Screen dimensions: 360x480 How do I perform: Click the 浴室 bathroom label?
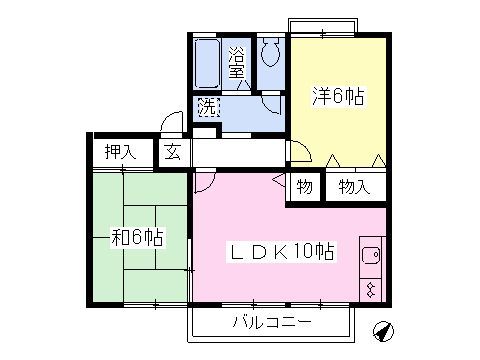[x=238, y=63]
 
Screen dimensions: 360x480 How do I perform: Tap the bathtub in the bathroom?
[x=208, y=65]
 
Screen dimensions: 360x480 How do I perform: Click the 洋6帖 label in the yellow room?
[x=337, y=96]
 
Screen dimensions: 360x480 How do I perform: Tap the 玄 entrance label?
[x=171, y=153]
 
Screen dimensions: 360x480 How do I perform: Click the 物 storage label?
[x=304, y=186]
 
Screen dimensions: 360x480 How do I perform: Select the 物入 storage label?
[x=353, y=186]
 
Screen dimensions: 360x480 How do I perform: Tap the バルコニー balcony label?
[x=272, y=322]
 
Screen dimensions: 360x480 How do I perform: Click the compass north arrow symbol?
[x=384, y=329]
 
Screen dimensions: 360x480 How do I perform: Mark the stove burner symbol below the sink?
[x=369, y=290]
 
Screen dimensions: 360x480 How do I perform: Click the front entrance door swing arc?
[x=172, y=124]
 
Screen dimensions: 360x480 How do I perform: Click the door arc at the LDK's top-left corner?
[x=203, y=182]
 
